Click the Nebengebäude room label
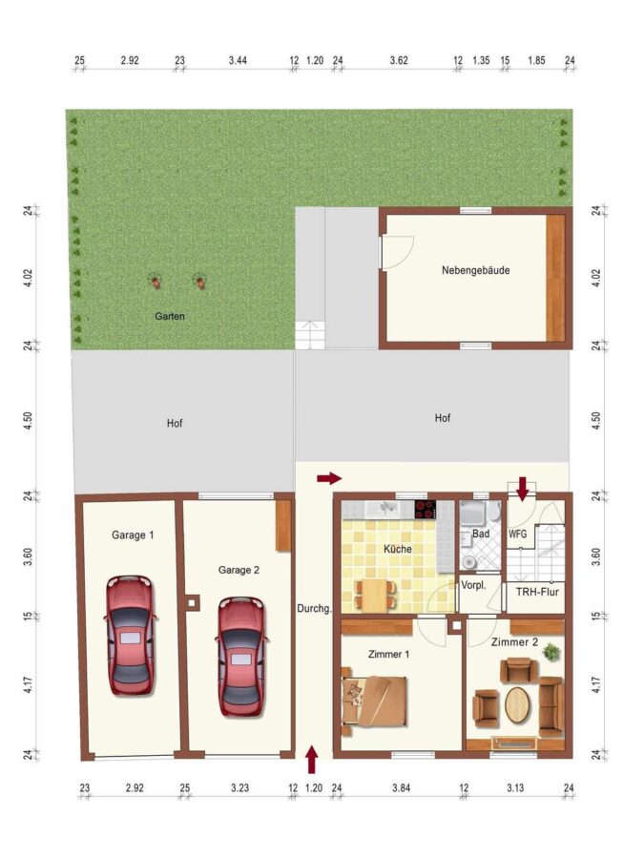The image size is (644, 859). [475, 270]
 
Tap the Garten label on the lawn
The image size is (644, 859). [170, 316]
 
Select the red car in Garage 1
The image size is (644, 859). [130, 636]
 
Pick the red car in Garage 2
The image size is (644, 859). [242, 657]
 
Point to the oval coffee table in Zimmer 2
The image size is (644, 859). [517, 705]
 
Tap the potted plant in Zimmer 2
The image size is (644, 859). [551, 652]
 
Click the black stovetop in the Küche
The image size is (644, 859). [426, 510]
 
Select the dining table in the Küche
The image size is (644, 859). [376, 596]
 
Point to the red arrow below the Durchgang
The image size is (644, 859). [312, 760]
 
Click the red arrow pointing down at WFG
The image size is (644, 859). [522, 489]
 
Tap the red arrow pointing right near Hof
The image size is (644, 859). [330, 478]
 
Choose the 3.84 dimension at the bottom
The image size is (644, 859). [401, 787]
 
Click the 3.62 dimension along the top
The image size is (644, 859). [399, 60]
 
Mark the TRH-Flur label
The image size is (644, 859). [537, 592]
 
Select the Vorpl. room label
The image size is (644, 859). [473, 585]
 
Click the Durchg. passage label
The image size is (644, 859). [314, 608]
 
